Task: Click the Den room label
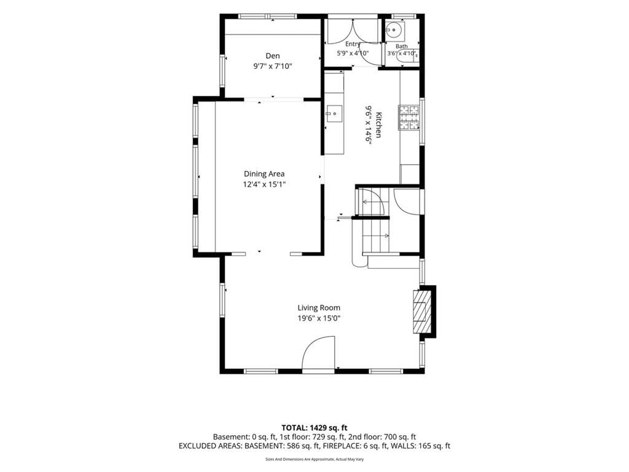point(272,56)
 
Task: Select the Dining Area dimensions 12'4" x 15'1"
point(264,184)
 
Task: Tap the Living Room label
point(319,308)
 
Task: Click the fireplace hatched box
point(421,311)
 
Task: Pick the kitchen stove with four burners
point(408,117)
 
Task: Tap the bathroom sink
point(395,29)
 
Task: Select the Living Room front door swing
point(318,352)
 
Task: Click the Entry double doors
point(353,31)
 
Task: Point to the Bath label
point(402,47)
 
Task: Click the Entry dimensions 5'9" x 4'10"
point(352,53)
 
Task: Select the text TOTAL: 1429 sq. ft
point(314,428)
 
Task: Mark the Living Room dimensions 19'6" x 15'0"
point(319,319)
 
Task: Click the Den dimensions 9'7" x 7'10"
point(272,66)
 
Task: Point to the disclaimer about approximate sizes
point(314,459)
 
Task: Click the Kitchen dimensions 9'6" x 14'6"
point(368,124)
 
